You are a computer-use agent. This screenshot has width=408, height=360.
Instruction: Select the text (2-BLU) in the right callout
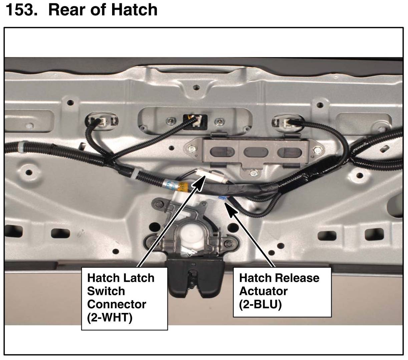[260, 304]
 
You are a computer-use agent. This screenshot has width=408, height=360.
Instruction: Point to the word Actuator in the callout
[263, 291]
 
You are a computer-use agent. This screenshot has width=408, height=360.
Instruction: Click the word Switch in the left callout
[106, 291]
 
